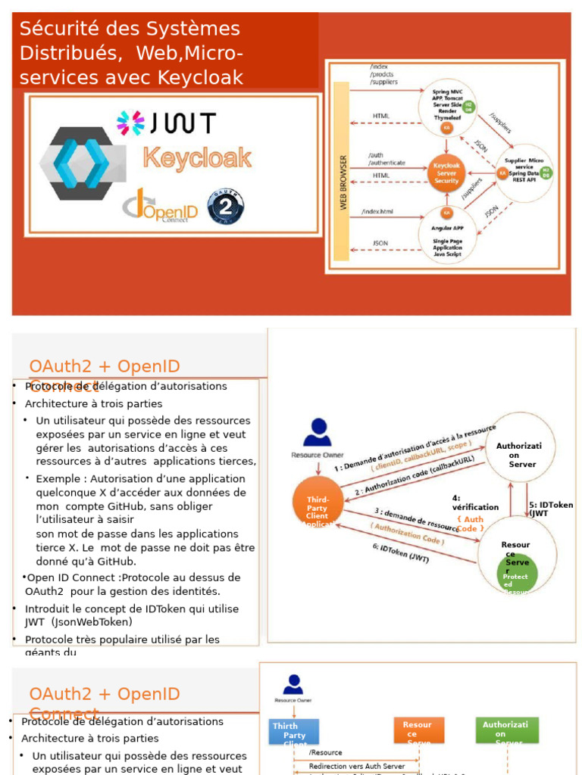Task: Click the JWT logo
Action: coord(166,123)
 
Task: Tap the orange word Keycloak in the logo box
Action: coord(197,157)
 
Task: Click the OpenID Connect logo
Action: coord(161,206)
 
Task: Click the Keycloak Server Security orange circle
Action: coord(446,173)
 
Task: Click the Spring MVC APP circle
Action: coord(447,107)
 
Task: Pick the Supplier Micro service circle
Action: coord(524,172)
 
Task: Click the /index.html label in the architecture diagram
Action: coord(378,211)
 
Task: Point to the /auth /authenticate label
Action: coord(386,159)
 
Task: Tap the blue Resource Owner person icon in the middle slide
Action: coord(317,433)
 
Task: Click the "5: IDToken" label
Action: coord(550,505)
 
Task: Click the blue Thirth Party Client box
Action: coord(293,732)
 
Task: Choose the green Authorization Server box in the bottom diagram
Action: coord(507,730)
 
